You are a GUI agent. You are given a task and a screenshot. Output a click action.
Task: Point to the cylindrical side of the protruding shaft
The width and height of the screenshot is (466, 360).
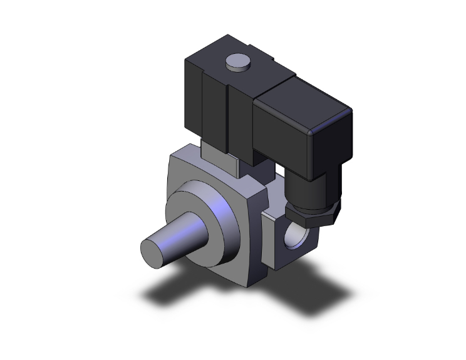pos(182,232)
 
